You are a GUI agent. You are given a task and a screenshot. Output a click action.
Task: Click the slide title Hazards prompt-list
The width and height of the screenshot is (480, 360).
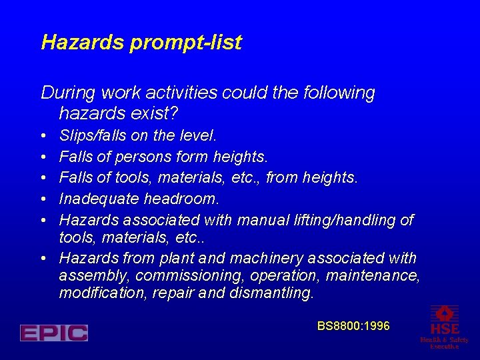[141, 43]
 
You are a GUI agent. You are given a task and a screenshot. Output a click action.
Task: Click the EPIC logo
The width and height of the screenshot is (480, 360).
[54, 333]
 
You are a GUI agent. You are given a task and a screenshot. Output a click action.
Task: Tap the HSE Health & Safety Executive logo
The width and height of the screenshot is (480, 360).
[444, 327]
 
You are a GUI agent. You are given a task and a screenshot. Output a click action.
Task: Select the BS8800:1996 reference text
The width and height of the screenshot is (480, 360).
[353, 326]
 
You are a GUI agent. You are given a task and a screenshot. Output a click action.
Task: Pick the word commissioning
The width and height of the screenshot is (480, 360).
[181, 276]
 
